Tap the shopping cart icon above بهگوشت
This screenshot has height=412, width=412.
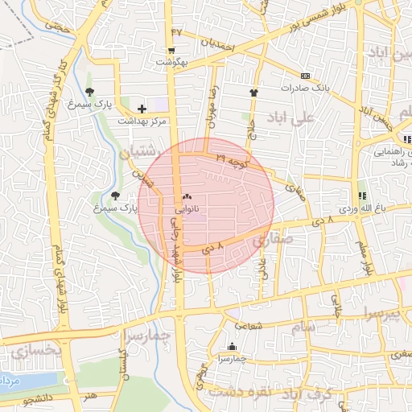pyautogui.click(x=173, y=49)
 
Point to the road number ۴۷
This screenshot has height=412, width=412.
pyautogui.click(x=177, y=31)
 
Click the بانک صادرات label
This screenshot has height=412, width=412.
pyautogui.click(x=307, y=86)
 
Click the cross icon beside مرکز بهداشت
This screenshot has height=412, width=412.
pyautogui.click(x=142, y=108)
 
